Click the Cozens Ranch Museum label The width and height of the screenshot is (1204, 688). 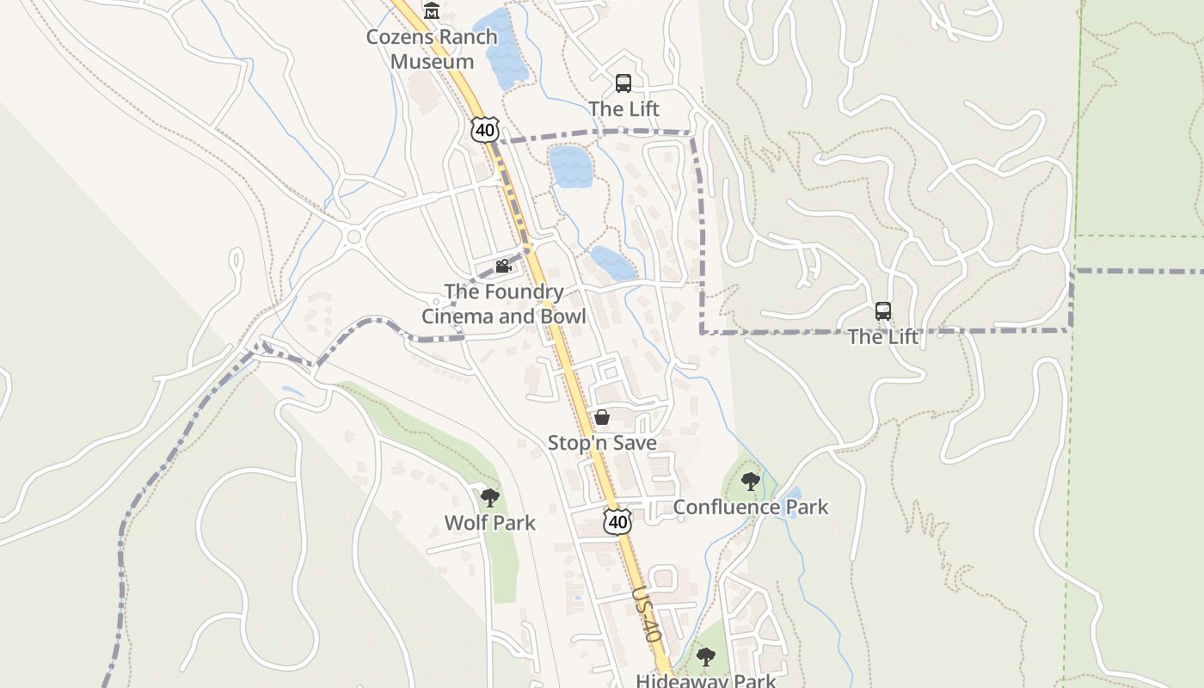coord(432,49)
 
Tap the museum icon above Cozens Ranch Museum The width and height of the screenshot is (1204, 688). coord(432,11)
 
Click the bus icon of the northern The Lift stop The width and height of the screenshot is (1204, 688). coord(623,83)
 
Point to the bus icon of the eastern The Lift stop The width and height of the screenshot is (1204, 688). coord(883,311)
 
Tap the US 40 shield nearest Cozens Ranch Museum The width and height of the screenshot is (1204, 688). coord(484,130)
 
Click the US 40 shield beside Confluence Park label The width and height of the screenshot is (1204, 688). coord(617,521)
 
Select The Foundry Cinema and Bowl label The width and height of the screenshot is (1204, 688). coord(503,304)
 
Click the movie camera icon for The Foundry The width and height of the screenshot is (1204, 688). coord(503,267)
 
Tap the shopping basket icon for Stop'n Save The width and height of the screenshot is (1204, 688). coord(602,418)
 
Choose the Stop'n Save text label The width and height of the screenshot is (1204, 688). coord(602,443)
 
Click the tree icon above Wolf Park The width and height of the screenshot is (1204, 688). coord(489,497)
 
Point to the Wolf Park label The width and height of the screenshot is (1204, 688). coord(489,523)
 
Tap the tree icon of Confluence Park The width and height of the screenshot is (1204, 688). coord(750,481)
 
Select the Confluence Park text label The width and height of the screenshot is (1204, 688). coord(750,507)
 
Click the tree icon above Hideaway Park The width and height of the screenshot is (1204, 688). coord(705,658)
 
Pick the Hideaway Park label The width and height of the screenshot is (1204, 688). coord(705,680)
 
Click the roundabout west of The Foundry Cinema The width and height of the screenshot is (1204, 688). coord(353,236)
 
